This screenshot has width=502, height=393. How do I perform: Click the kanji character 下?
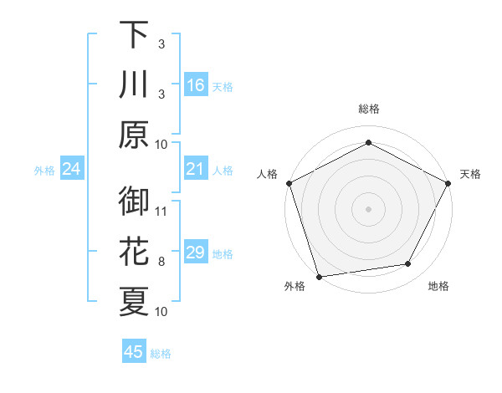pos(134,34)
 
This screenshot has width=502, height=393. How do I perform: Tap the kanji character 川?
pos(134,84)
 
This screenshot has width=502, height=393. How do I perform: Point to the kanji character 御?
pos(134,202)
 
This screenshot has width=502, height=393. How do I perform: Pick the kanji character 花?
pos(134,252)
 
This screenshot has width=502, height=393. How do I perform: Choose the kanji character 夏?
pos(134,302)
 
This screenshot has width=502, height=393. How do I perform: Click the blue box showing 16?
pos(195,84)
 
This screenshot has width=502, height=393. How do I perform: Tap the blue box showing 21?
pos(195,170)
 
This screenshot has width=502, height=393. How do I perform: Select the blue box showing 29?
pos(195,253)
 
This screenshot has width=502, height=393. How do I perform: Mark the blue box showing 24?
pos(71,170)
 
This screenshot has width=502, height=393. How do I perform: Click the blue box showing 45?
pos(134,352)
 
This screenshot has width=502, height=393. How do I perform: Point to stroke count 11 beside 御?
pos(162,211)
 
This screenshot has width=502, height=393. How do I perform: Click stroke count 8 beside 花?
pos(162,261)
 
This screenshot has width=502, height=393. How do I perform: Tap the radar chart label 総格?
pos(368,109)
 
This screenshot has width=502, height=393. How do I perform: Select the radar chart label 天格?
pos(470,175)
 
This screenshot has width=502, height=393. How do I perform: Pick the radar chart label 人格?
pos(267,175)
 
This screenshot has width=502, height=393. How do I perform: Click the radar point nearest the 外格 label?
pos(318,277)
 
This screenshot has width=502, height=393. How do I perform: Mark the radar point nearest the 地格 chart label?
pos(408,264)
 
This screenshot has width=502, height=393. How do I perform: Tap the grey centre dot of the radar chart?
pos(368,208)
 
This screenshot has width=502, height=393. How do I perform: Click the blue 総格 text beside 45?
pos(161,354)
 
